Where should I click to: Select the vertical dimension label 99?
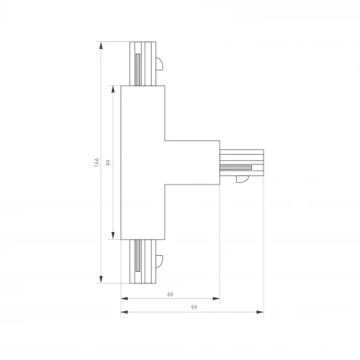(x=109, y=162)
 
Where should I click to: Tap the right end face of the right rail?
(x=263, y=162)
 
